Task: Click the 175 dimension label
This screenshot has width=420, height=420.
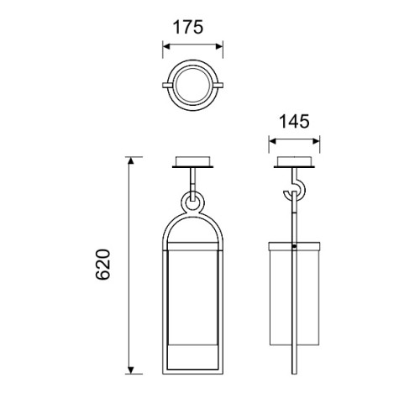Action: [187, 28]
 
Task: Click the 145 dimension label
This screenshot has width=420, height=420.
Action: [294, 122]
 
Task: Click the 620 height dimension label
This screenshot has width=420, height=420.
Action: [103, 265]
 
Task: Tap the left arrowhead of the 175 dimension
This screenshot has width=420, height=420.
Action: [166, 46]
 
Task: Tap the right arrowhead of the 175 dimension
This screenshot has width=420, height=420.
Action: [219, 46]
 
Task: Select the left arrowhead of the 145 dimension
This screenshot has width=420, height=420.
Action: [272, 141]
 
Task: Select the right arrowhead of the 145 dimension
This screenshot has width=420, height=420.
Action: [316, 141]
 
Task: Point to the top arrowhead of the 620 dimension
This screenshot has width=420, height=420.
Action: [131, 160]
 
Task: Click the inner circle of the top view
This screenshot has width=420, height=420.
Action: [192, 67]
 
